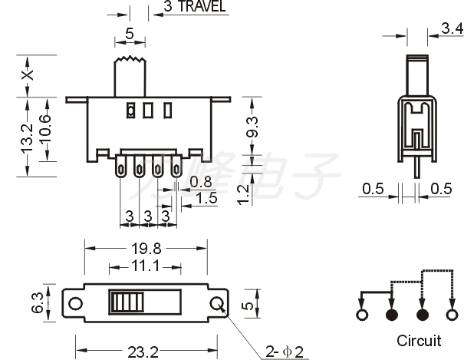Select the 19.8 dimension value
(146, 248)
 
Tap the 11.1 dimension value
(146, 266)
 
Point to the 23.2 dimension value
(143, 352)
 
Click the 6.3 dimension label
(38, 302)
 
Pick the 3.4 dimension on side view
(452, 29)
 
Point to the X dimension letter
(28, 74)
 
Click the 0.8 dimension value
(201, 182)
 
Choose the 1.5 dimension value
(206, 198)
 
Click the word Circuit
(419, 340)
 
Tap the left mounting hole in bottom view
(75, 302)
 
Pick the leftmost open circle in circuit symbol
(362, 315)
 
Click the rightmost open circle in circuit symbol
(451, 315)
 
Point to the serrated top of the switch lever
(130, 60)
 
